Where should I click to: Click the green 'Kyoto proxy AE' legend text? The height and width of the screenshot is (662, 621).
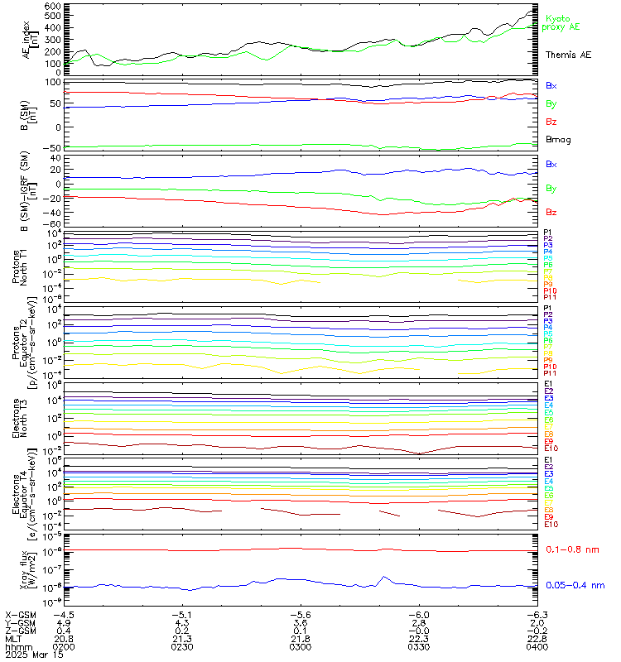coord(562,22)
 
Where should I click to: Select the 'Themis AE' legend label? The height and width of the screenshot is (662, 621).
coord(568,55)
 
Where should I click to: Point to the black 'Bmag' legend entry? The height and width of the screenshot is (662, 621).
coord(557,140)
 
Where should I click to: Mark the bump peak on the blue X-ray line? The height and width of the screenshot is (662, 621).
coord(383,577)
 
